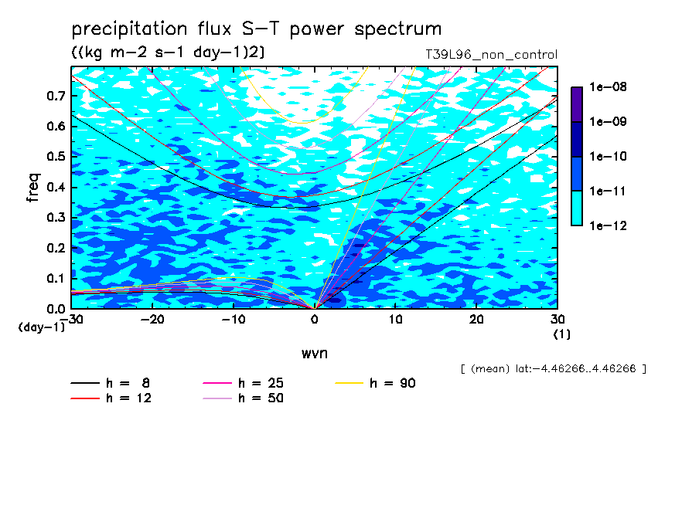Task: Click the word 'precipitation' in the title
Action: [129, 29]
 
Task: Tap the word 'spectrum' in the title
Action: [398, 29]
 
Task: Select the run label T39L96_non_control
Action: [491, 55]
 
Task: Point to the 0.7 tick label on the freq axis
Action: [56, 96]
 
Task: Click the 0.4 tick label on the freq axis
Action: [56, 187]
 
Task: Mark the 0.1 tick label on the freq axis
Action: [56, 278]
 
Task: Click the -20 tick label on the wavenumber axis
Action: [152, 320]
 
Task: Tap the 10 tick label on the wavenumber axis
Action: [395, 320]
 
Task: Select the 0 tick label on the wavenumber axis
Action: [314, 320]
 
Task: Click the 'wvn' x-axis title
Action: [315, 354]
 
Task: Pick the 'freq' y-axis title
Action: [33, 188]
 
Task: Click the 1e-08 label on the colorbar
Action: [608, 86]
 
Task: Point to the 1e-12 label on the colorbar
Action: [608, 225]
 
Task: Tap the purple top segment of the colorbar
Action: [577, 104]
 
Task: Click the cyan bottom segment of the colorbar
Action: [577, 208]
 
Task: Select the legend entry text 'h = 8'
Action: [128, 383]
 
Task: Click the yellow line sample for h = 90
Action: [349, 383]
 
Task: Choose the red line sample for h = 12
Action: [85, 398]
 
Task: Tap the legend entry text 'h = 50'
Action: [261, 398]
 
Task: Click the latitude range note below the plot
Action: [553, 369]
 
